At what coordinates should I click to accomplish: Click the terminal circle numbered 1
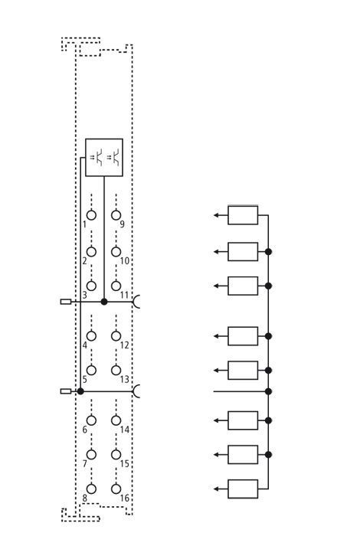pyautogui.click(x=91, y=215)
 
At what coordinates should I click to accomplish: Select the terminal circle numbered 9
pyautogui.click(x=116, y=215)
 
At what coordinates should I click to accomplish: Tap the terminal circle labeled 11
pyautogui.click(x=116, y=286)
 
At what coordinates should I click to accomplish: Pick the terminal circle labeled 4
pyautogui.click(x=91, y=336)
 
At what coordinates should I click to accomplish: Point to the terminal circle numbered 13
pyautogui.click(x=116, y=370)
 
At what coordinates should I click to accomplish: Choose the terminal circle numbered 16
pyautogui.click(x=116, y=489)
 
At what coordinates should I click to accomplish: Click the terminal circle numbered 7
pyautogui.click(x=91, y=455)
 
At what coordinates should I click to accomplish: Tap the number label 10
pyautogui.click(x=124, y=261)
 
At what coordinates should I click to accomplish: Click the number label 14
pyautogui.click(x=124, y=430)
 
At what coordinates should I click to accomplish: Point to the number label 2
pyautogui.click(x=84, y=261)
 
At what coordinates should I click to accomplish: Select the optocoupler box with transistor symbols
pyautogui.click(x=104, y=157)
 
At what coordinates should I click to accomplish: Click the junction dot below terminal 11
pyautogui.click(x=104, y=302)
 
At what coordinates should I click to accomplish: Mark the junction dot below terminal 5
pyautogui.click(x=80, y=391)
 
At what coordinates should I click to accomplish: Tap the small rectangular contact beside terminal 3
pyautogui.click(x=66, y=302)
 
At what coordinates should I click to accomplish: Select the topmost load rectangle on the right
pyautogui.click(x=243, y=215)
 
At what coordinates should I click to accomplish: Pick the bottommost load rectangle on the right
pyautogui.click(x=243, y=489)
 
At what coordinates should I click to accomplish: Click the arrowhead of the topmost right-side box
pyautogui.click(x=216, y=215)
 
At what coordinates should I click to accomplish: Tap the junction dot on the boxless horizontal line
pyautogui.click(x=268, y=391)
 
